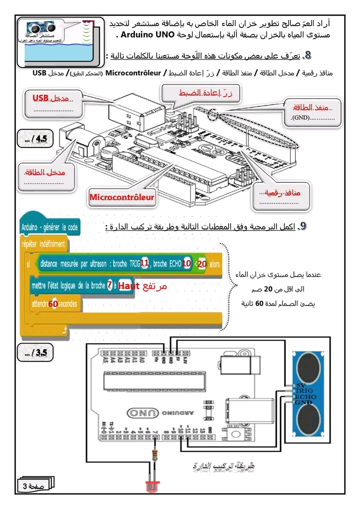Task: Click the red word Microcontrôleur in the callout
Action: tap(121, 197)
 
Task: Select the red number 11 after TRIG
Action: tap(145, 263)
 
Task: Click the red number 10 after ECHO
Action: tap(186, 263)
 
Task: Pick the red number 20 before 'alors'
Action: tap(202, 263)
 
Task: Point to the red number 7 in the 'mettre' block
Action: tap(109, 285)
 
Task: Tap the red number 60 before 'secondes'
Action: tap(53, 303)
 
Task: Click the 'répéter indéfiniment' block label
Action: tap(43, 244)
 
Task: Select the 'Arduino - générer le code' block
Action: tap(50, 227)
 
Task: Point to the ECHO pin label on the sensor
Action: tap(305, 396)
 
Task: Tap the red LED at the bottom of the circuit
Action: tap(152, 485)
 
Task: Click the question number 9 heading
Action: tap(302, 226)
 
